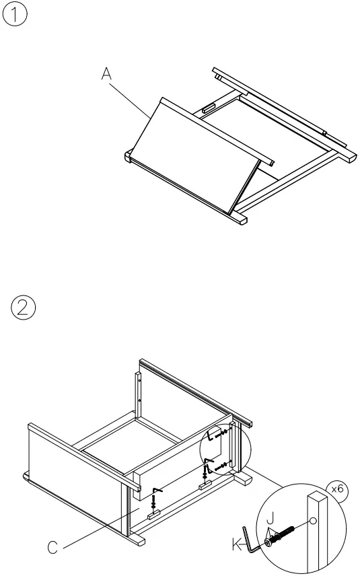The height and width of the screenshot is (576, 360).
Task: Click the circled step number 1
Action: coord(15,15)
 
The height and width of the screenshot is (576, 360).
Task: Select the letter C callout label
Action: coord(52,548)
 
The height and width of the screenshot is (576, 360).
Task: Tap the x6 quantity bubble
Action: coord(337,489)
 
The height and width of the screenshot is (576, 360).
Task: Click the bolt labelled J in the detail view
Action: coord(283,535)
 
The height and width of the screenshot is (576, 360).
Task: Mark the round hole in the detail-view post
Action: coord(313,520)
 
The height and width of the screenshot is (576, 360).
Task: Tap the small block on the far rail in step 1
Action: coord(209,107)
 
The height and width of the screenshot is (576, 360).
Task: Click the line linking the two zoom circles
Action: coord(269,480)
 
